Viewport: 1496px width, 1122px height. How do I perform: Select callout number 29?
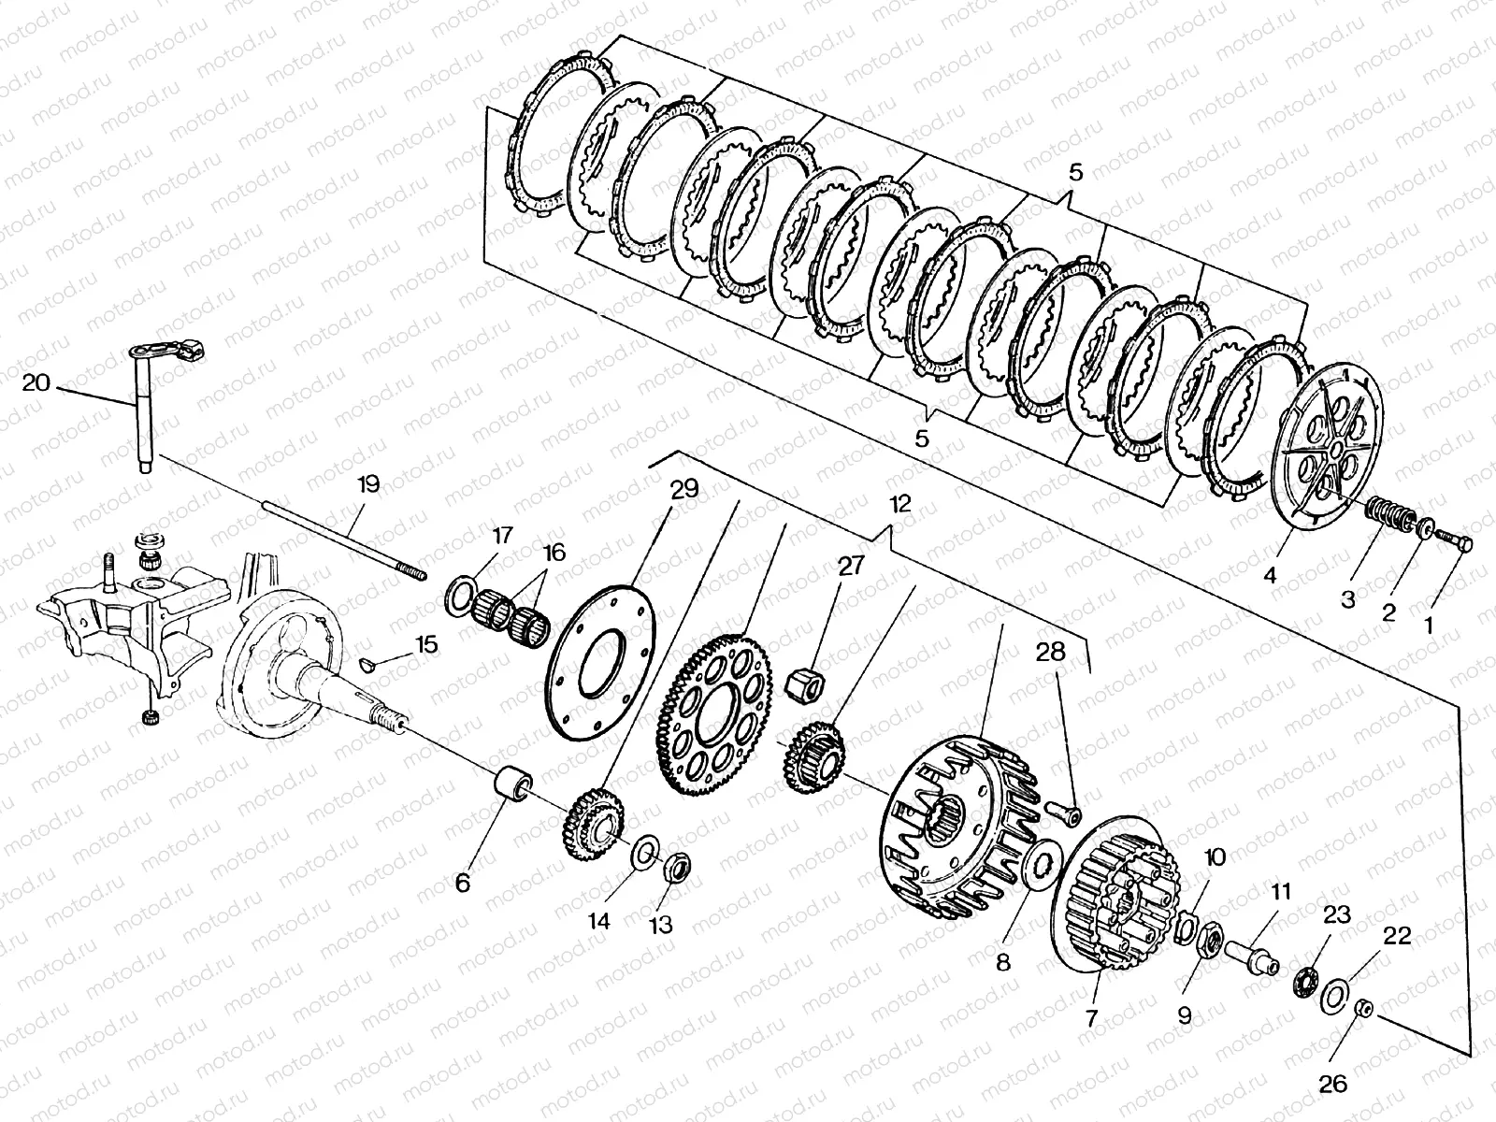pos(685,489)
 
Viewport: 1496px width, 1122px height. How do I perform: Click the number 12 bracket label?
pos(899,504)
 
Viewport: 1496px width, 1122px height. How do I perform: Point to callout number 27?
pos(853,567)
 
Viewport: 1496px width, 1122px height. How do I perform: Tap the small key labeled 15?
pos(367,664)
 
